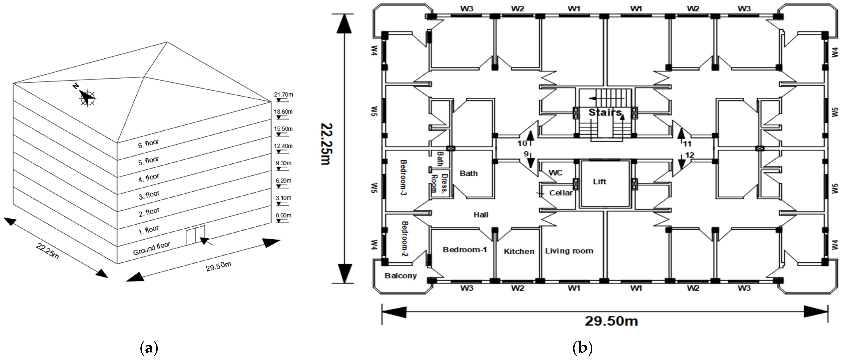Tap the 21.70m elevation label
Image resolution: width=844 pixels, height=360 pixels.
pyautogui.click(x=283, y=95)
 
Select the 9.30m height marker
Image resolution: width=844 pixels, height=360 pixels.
pyautogui.click(x=283, y=163)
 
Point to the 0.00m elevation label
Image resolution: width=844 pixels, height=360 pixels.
pyautogui.click(x=283, y=215)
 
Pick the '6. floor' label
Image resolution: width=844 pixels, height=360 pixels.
pyautogui.click(x=148, y=144)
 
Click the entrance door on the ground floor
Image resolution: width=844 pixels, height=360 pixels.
pyautogui.click(x=195, y=235)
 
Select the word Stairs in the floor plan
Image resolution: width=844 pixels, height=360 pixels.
pyautogui.click(x=605, y=112)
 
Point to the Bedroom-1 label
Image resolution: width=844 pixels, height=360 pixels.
pyautogui.click(x=465, y=250)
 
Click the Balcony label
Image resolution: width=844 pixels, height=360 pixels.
pyautogui.click(x=400, y=276)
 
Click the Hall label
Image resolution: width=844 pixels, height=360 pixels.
pyautogui.click(x=481, y=215)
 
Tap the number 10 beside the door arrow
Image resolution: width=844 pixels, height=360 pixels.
pyautogui.click(x=522, y=143)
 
